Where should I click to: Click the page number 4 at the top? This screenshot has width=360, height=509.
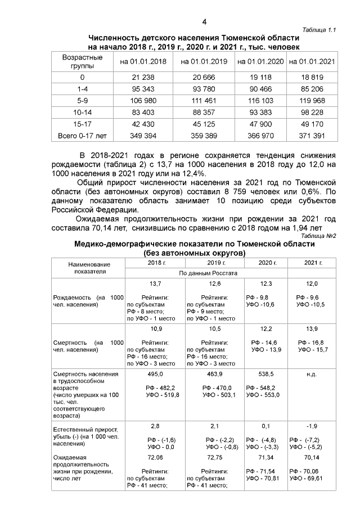tap(204, 22)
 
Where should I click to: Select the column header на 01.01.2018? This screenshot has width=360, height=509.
tap(143, 61)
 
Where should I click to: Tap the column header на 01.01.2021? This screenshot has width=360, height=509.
tap(312, 61)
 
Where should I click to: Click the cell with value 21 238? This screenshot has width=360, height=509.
tap(143, 77)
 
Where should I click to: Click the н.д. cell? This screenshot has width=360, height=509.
tap(312, 373)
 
